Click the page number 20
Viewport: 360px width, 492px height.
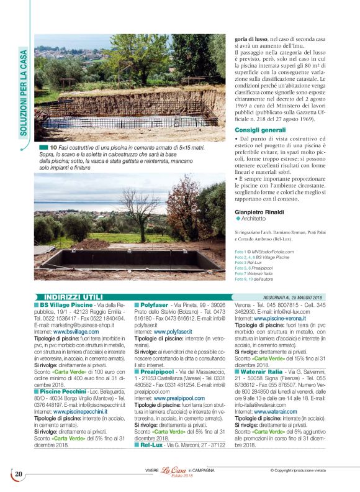point(19,474)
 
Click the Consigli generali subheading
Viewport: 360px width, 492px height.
point(256,129)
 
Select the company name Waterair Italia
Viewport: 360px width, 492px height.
point(266,371)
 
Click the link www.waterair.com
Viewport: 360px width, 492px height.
point(274,411)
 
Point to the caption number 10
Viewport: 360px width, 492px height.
point(53,147)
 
